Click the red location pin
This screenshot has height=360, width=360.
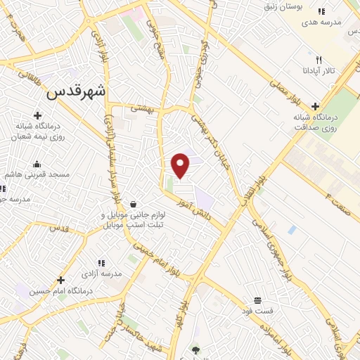tap(181, 165)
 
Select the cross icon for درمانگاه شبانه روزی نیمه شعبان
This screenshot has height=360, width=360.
tap(37, 115)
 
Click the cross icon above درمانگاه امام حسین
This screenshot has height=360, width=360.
tap(61, 280)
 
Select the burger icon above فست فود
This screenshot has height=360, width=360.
tap(257, 300)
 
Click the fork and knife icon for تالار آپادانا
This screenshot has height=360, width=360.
tap(319, 60)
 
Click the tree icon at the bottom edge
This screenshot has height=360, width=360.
tap(195, 349)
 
